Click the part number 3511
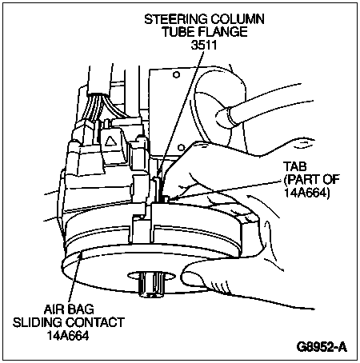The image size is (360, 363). (204, 45)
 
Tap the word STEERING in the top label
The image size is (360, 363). (176, 19)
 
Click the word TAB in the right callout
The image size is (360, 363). (295, 166)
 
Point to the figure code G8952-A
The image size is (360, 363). (322, 347)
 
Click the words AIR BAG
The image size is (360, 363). (69, 309)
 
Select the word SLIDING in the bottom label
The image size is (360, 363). (38, 322)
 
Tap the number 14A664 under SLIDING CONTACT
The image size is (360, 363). (68, 335)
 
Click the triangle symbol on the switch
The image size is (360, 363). (110, 141)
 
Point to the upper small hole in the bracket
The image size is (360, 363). (176, 74)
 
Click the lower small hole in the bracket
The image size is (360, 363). (181, 147)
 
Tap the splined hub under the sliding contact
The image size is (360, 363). (151, 284)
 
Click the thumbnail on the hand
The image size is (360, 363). (194, 277)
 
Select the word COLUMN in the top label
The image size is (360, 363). (238, 19)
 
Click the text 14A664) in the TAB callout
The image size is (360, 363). (306, 193)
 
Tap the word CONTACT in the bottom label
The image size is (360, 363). (95, 322)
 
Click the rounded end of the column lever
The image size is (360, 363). (223, 118)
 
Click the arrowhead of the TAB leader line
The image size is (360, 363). (170, 198)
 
